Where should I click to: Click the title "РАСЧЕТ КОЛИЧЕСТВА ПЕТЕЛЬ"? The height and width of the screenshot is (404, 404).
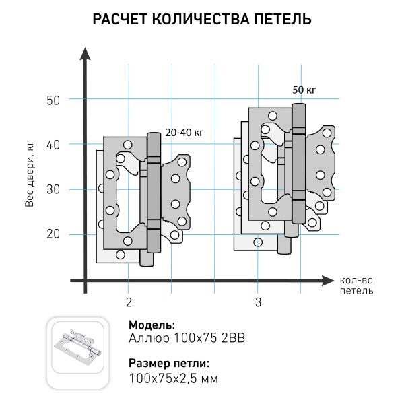pos(201,19)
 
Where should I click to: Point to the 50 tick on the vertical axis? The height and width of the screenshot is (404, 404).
pos(54,100)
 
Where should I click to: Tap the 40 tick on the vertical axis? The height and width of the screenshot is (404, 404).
pos(54,144)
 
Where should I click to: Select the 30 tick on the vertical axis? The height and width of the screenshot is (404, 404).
pos(54,189)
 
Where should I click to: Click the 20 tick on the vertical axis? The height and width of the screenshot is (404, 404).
pos(54,234)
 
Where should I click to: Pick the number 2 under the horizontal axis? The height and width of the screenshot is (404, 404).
pos(128,302)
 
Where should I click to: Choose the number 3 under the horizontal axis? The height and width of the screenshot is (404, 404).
pos(258,302)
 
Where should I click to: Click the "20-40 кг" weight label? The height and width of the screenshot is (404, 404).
pos(184,133)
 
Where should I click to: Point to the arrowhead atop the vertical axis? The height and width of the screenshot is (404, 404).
pos(85,54)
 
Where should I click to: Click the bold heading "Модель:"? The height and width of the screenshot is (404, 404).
pos(151,325)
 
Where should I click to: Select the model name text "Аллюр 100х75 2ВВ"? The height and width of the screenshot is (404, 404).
pos(182,338)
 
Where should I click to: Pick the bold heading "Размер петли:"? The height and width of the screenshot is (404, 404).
pos(169,363)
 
